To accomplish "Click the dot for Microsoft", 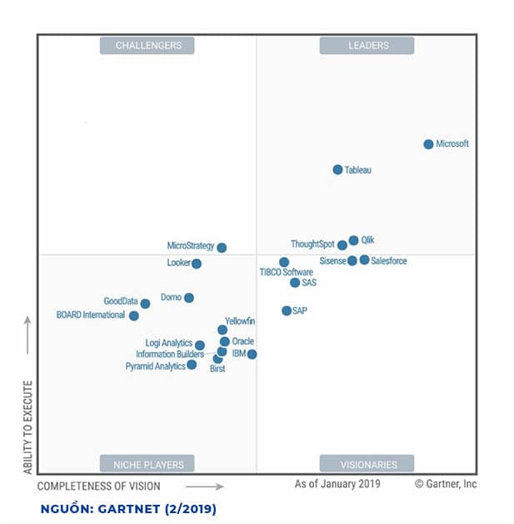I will tap(428, 144).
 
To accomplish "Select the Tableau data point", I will tap(337, 169).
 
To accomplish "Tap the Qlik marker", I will tap(353, 240).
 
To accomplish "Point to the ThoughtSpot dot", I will tap(342, 245).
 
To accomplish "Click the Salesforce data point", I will tap(364, 260).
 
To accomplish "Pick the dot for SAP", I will tap(287, 310).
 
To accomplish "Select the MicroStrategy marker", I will tap(222, 248).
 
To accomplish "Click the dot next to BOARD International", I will tap(134, 316).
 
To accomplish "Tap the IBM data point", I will tap(252, 355).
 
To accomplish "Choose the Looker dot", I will tap(197, 264).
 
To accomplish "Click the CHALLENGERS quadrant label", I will tap(147, 46).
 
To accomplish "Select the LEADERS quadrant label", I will tap(367, 46).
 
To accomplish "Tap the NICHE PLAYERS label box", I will tap(147, 464).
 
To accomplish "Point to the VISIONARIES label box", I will tap(367, 464).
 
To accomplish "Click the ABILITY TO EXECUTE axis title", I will tap(27, 427).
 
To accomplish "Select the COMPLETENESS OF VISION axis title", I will tap(99, 486).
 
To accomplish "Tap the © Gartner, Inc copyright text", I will tap(446, 484).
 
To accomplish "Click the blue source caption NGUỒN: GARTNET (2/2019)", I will tap(127, 508).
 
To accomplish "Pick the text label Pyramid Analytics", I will tap(155, 366).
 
